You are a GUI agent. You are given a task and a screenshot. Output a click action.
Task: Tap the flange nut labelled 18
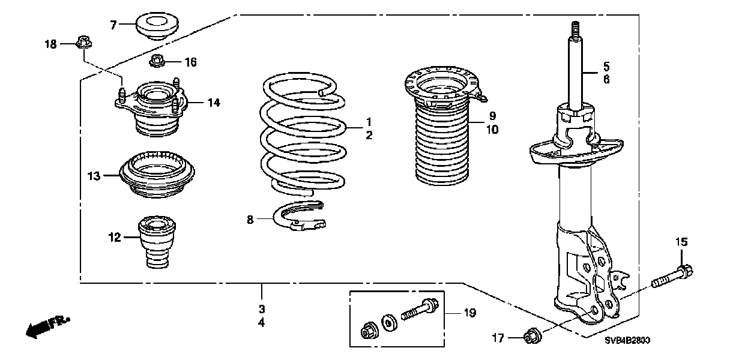pos(83,43)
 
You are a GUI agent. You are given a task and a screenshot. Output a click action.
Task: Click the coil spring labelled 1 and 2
pos(303,135)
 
